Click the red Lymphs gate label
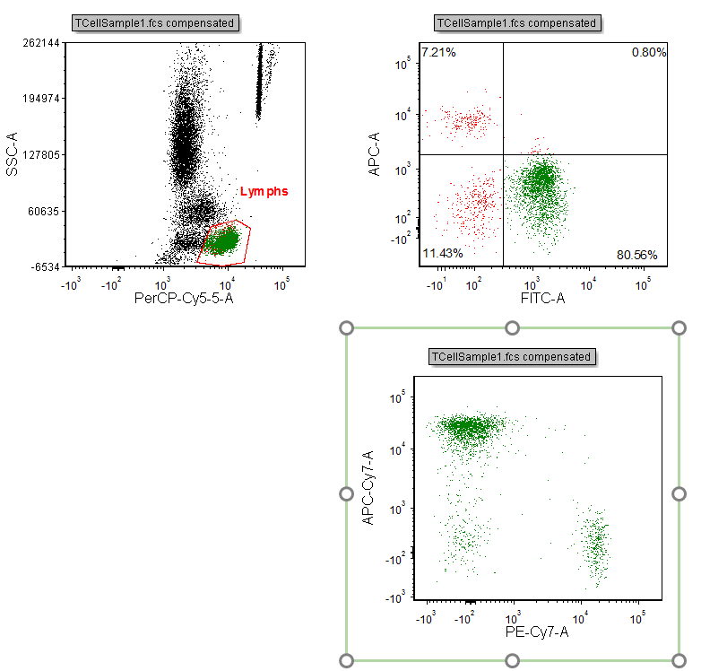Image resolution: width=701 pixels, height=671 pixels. click(x=264, y=191)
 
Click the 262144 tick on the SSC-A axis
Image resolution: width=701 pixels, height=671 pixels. click(x=42, y=43)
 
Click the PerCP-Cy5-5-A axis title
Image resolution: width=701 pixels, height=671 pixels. click(x=183, y=298)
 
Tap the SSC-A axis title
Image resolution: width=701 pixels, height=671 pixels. click(x=13, y=154)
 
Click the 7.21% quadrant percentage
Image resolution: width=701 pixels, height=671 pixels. click(x=439, y=53)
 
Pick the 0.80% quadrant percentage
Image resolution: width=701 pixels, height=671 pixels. click(x=648, y=53)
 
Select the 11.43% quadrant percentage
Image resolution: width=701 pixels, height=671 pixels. click(x=442, y=254)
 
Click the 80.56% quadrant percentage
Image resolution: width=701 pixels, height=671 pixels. click(x=636, y=255)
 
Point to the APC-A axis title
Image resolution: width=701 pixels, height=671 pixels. click(x=376, y=154)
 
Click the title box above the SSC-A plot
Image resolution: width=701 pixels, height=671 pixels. click(x=156, y=22)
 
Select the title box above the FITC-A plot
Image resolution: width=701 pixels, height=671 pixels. click(x=515, y=22)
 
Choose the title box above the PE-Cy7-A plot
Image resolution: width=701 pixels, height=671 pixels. click(x=512, y=356)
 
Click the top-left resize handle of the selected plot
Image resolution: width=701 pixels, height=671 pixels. click(x=347, y=328)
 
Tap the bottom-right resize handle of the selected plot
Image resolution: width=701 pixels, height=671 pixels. click(x=679, y=660)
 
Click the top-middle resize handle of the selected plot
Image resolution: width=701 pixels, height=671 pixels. click(x=513, y=328)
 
